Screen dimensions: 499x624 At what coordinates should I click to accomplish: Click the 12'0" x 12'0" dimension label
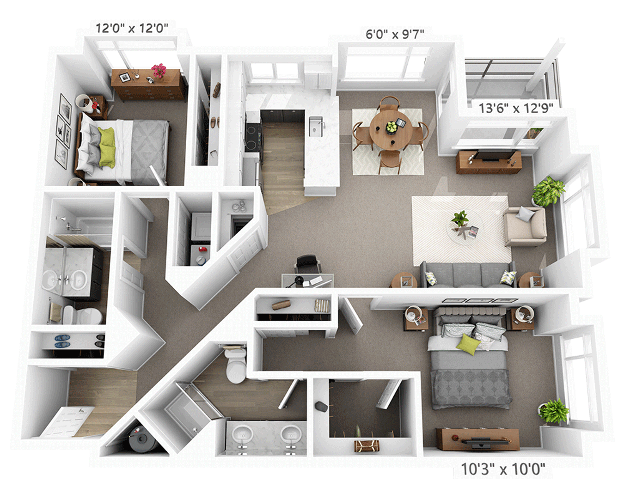(132, 28)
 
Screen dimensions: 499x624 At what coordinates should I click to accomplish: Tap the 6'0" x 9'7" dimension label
(394, 34)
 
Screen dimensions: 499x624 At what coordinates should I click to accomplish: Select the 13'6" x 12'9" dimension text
(515, 108)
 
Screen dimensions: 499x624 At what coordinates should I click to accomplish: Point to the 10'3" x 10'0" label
(503, 469)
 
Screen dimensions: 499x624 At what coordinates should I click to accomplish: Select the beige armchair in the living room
(525, 226)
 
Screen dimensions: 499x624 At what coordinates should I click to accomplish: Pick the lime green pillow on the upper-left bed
(107, 141)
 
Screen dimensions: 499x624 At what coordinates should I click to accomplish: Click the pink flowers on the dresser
(159, 71)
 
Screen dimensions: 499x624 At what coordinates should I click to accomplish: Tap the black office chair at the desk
(308, 264)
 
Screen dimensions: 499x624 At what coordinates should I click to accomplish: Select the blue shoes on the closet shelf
(62, 341)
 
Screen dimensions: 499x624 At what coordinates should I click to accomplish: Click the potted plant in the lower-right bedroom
(553, 411)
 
